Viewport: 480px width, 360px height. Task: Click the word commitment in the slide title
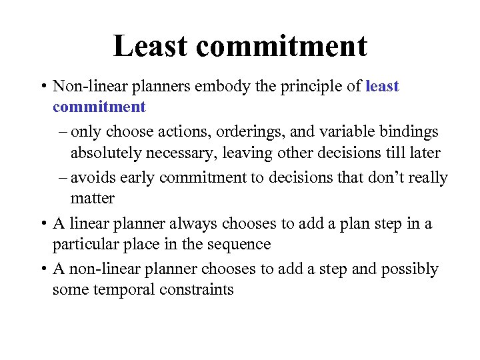(x=282, y=46)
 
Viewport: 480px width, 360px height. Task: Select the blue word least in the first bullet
(x=382, y=86)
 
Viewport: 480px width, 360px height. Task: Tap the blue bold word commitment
(x=99, y=107)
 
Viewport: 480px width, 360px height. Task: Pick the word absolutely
(x=109, y=153)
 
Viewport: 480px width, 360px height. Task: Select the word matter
(x=93, y=199)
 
